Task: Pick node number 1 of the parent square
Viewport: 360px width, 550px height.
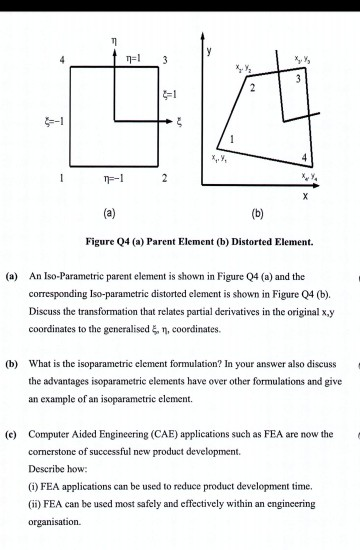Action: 64,179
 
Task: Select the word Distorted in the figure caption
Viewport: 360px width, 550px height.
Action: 235,240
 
